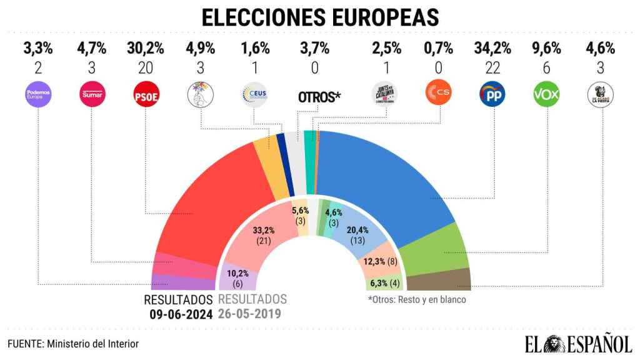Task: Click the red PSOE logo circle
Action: coord(146,95)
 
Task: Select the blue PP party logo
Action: coord(492,95)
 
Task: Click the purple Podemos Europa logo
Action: coord(38,95)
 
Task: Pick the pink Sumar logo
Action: coord(92,95)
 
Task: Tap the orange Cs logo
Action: coord(437,95)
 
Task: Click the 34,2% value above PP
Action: coord(492,47)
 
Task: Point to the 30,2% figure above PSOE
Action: coord(146,47)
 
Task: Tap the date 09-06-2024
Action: coord(180,314)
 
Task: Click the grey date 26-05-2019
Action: coord(252,314)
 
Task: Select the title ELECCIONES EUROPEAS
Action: coord(319,17)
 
